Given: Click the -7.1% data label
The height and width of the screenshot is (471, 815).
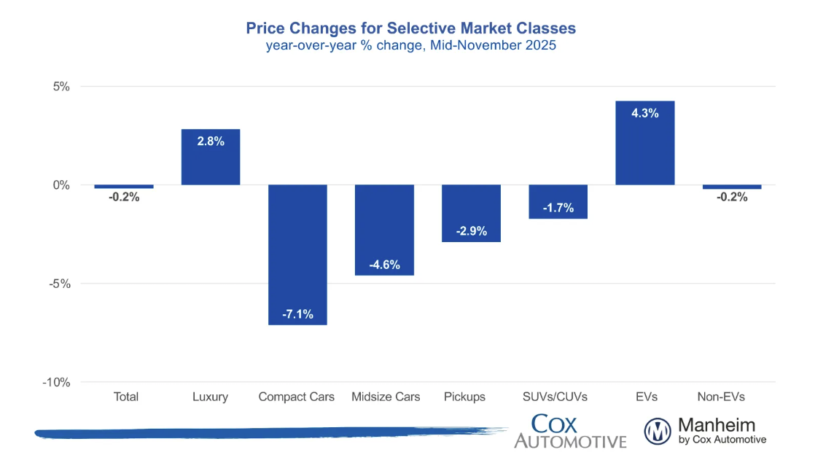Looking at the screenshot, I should click(297, 314).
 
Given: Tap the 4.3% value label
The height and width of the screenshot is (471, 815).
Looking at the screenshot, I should click(645, 113).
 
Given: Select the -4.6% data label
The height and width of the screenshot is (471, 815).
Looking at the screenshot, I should click(384, 265).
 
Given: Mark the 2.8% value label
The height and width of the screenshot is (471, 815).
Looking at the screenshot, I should click(211, 141).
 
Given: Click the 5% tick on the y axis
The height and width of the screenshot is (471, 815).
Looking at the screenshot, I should click(62, 87).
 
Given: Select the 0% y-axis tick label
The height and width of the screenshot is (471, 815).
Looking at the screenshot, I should click(62, 185).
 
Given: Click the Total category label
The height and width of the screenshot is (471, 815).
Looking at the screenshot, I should click(126, 397).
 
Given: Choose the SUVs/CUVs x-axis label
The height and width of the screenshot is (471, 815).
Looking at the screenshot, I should click(558, 397).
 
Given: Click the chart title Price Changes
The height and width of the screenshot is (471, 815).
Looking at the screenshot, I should click(410, 28).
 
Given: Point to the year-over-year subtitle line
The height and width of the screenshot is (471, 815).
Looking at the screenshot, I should click(410, 45).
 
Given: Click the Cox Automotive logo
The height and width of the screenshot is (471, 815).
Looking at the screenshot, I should click(570, 431).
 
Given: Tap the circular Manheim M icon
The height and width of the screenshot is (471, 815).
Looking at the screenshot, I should click(658, 431).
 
